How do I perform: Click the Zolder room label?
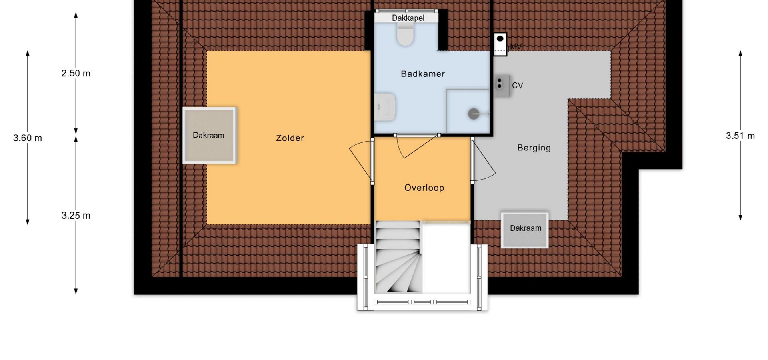pos(290,138)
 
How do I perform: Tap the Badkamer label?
pos(423,74)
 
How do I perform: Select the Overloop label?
pos(424,188)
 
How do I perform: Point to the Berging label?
pos(534,148)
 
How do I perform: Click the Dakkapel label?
pos(408,18)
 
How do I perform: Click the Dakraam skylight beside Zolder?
pos(209,135)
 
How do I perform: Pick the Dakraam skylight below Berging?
pos(525,230)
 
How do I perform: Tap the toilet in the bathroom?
pos(405,34)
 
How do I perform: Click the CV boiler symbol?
pos(502,85)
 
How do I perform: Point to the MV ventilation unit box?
pos(500,44)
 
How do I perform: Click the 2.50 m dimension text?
pos(76,73)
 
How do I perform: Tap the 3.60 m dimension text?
pos(28,138)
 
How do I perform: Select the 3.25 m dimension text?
pos(76,216)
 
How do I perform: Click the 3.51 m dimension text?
pos(740,136)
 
